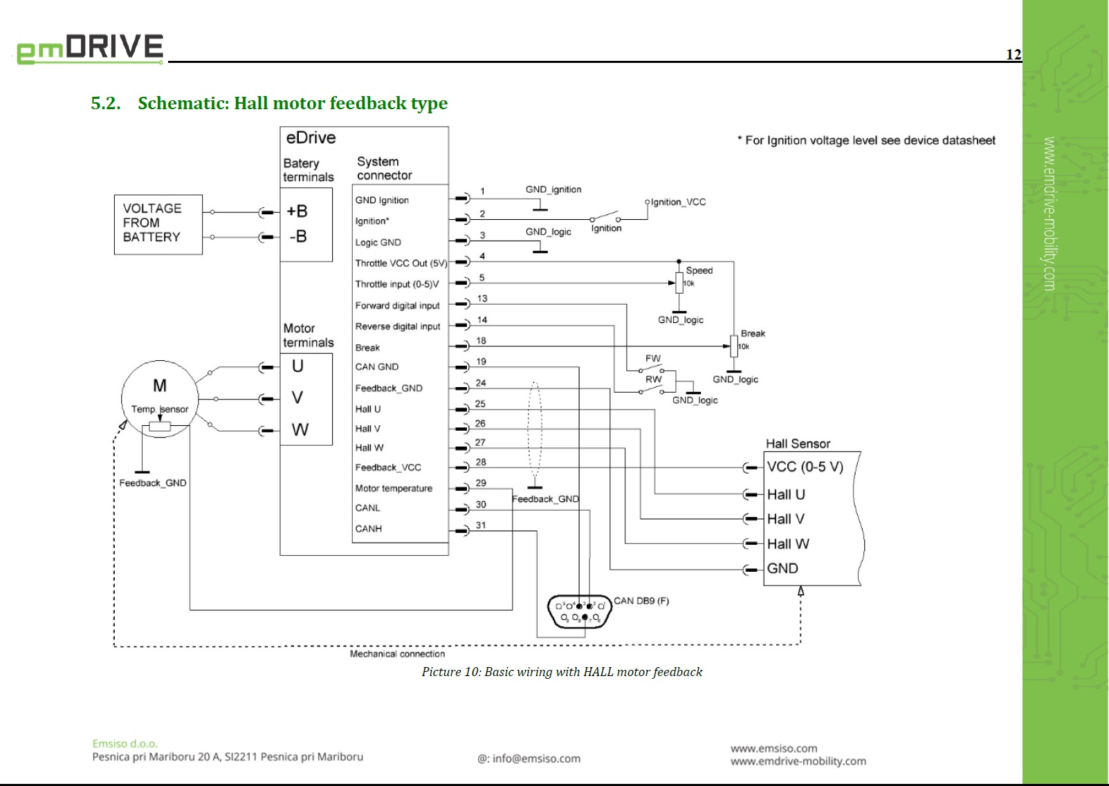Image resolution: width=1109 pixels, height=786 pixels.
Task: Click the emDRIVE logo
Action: pyautogui.click(x=90, y=48)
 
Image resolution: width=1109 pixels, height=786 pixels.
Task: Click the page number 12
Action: pyautogui.click(x=1013, y=55)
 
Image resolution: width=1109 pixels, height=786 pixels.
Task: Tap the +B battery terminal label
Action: pyautogui.click(x=297, y=212)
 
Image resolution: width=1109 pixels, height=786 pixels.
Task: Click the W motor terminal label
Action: pyautogui.click(x=300, y=430)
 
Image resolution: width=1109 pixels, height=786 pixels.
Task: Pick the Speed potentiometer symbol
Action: pyautogui.click(x=679, y=283)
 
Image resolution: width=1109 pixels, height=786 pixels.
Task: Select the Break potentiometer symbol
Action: pyautogui.click(x=734, y=346)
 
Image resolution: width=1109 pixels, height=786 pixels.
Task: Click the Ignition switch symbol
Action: pyautogui.click(x=605, y=217)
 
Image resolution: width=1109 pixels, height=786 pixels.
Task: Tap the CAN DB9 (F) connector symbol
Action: pyautogui.click(x=580, y=611)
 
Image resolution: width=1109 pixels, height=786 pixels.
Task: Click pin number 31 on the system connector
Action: pyautogui.click(x=481, y=525)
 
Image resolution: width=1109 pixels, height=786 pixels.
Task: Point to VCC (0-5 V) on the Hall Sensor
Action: pyautogui.click(x=805, y=467)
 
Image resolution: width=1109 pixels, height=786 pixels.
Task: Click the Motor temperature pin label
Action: pyautogui.click(x=394, y=489)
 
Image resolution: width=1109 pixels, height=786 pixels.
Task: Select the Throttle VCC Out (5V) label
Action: pyautogui.click(x=401, y=263)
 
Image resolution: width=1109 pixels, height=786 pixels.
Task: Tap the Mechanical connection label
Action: pyautogui.click(x=397, y=654)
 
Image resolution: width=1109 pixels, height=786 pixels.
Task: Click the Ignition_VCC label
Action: pyautogui.click(x=678, y=202)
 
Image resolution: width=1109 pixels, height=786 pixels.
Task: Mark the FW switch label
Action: pyautogui.click(x=652, y=358)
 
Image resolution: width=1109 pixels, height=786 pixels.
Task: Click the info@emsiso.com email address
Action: pyautogui.click(x=536, y=758)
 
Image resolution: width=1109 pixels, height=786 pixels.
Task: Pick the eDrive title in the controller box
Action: pyautogui.click(x=311, y=138)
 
